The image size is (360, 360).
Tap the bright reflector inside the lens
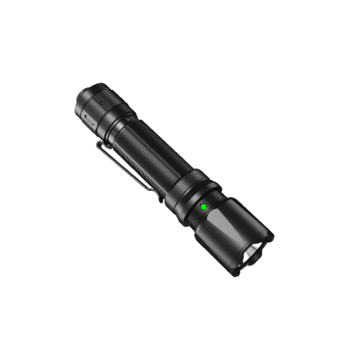(x=250, y=256)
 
